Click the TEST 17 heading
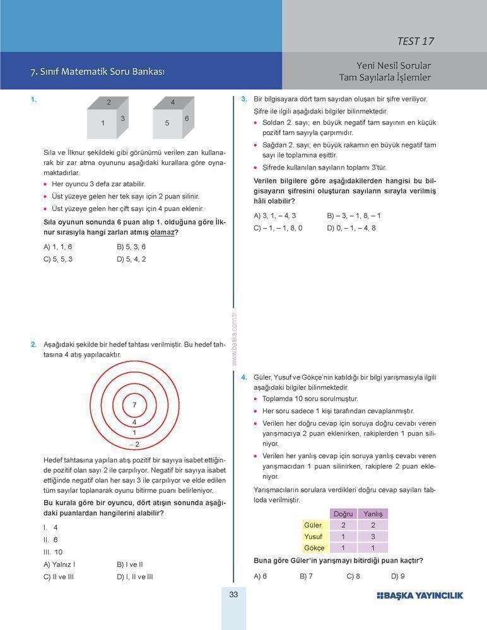[415, 42]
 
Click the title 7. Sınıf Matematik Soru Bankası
[98, 72]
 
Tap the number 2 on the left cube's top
[109, 102]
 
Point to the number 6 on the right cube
[187, 118]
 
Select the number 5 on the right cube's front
[167, 123]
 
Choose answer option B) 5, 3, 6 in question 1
[131, 247]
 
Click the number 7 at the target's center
[134, 404]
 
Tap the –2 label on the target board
[134, 444]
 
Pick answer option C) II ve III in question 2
[59, 576]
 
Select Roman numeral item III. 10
[53, 552]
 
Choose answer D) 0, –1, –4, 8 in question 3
[351, 228]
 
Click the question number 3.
[243, 100]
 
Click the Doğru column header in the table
[343, 514]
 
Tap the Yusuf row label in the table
[313, 537]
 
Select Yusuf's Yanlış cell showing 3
[373, 537]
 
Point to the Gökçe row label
[313, 548]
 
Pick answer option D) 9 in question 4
[398, 576]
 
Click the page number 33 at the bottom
[233, 595]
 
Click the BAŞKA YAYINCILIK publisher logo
[420, 595]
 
